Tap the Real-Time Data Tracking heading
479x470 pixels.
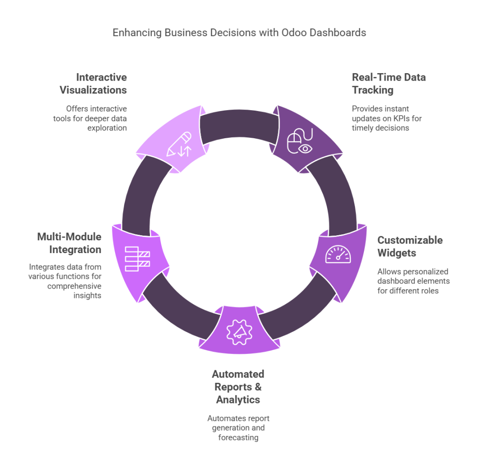point(389,83)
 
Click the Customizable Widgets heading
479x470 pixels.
point(410,246)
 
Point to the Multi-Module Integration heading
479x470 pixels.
point(69,243)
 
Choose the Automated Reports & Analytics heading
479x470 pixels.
point(238,387)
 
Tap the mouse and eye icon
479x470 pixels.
point(299,142)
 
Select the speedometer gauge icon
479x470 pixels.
point(338,254)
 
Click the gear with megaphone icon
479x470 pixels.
point(239,331)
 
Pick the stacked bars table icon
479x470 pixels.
point(137,256)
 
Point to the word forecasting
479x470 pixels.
point(238,438)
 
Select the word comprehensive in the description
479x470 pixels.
point(74,286)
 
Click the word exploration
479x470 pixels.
point(107,127)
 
